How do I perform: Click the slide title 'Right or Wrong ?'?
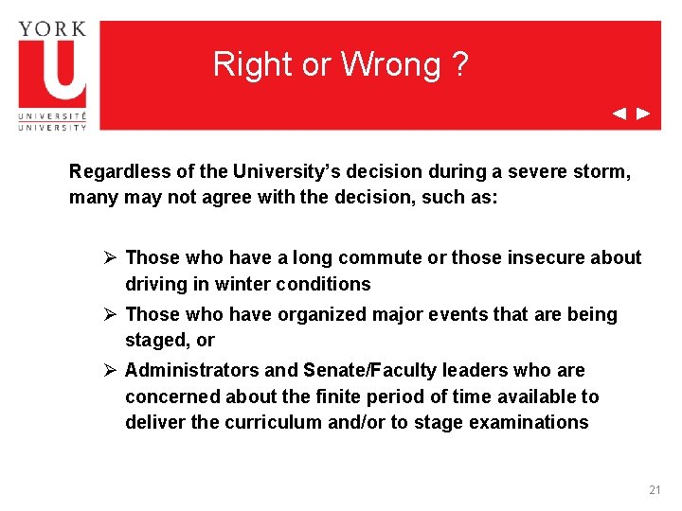tap(340, 64)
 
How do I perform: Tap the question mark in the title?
tap(459, 64)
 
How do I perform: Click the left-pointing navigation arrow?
tap(619, 114)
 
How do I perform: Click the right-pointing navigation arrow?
tap(643, 114)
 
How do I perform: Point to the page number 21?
tap(655, 490)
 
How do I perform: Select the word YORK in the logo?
tap(52, 28)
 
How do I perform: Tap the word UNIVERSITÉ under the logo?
tap(52, 117)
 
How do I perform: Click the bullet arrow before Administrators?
tap(110, 370)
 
